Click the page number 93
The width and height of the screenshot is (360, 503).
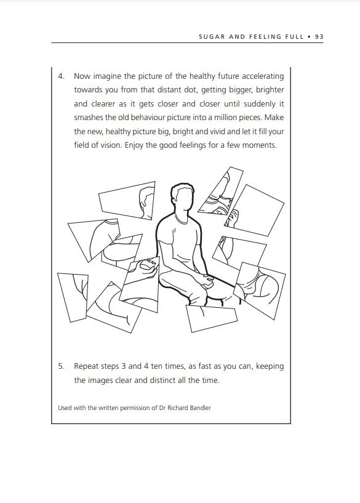[319, 36]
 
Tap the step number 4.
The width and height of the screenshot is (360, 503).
[61, 76]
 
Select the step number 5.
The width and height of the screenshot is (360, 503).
[61, 366]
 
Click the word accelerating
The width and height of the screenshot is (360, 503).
[263, 76]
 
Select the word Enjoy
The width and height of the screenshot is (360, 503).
[134, 145]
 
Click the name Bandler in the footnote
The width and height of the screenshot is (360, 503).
[201, 408]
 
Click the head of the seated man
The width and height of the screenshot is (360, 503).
[182, 198]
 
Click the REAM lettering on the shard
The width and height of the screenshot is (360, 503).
[151, 262]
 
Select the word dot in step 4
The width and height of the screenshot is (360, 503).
[190, 90]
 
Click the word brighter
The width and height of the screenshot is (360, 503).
[270, 90]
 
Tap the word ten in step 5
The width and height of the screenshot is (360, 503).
[158, 366]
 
